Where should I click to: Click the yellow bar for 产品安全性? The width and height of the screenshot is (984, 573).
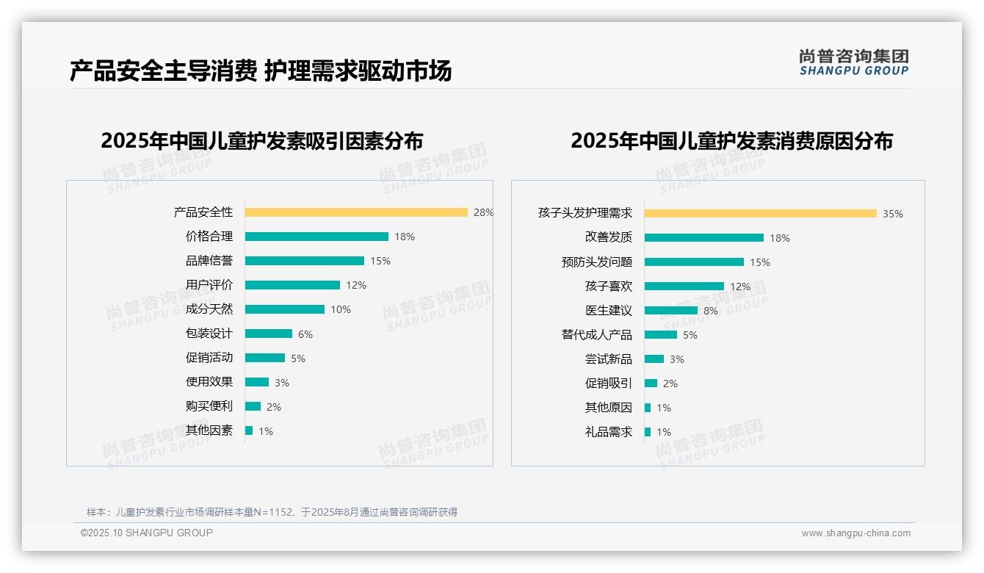pos(356,212)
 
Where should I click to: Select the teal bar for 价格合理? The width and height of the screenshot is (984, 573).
pos(316,237)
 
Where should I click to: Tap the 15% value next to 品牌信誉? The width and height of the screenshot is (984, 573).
pos(380,261)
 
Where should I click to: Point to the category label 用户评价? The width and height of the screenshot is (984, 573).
pos(209,285)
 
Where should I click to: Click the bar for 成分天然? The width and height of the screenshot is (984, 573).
pos(285,309)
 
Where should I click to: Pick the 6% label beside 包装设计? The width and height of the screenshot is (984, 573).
pos(305,334)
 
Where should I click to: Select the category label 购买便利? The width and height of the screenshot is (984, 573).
pos(209,406)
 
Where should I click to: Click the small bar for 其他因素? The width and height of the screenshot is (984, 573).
pos(249,430)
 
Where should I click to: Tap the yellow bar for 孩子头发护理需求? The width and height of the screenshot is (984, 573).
pos(761,214)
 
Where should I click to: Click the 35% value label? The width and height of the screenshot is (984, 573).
pos(893,214)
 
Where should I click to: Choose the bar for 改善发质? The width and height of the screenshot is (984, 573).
pos(704,238)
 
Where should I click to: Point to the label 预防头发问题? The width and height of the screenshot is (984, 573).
pos(596,262)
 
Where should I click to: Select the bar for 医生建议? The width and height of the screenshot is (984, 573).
pos(671,311)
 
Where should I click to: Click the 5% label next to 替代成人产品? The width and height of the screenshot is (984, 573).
pos(690,335)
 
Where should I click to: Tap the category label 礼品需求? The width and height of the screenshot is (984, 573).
pos(608,432)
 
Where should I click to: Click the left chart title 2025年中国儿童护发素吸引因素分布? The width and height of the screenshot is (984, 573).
pos(262,141)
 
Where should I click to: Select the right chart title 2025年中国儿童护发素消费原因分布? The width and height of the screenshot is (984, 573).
pos(731,141)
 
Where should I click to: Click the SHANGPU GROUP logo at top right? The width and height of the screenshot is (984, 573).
pos(854,62)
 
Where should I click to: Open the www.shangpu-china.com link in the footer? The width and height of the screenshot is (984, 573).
pos(855,533)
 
